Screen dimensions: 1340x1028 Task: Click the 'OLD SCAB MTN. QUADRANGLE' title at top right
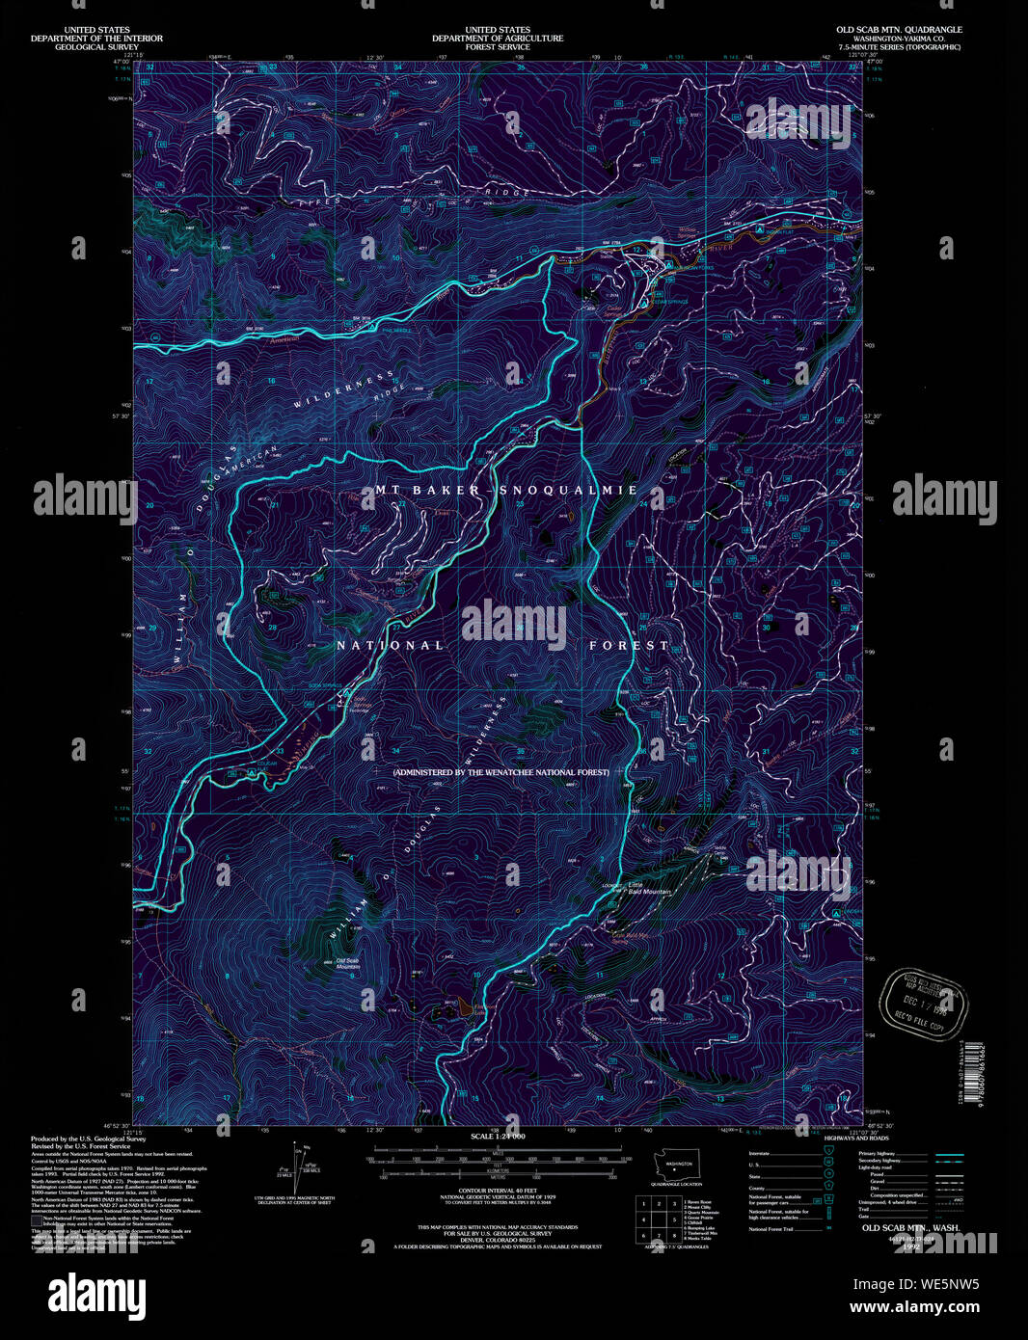coord(899,30)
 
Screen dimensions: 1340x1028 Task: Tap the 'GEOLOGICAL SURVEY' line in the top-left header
coord(96,46)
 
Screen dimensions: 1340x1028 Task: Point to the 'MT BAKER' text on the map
coord(423,490)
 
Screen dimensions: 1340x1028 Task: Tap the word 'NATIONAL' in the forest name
coord(391,645)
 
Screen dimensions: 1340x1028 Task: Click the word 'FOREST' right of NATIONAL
coord(629,645)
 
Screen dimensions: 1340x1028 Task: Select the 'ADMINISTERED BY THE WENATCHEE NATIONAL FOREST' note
coord(500,772)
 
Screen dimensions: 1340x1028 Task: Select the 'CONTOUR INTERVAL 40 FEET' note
coord(498,1191)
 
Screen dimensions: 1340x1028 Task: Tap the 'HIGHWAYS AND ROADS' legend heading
coord(856,1138)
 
